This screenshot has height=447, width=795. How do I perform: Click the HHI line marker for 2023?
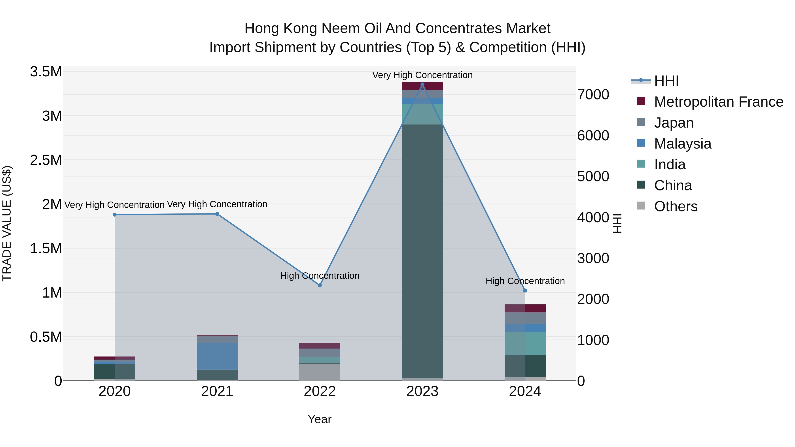[x=422, y=85]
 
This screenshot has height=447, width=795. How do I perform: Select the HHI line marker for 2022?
[x=320, y=285]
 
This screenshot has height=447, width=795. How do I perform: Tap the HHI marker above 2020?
[x=114, y=215]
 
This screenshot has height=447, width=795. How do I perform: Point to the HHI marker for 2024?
[x=525, y=290]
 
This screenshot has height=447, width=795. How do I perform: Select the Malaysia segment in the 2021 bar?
[x=217, y=356]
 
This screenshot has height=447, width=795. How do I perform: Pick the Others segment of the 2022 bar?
[x=320, y=372]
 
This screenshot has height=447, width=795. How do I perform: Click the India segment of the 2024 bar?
[x=525, y=343]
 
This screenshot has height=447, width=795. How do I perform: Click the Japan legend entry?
[x=674, y=123]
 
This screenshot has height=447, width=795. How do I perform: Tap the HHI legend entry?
[x=666, y=81]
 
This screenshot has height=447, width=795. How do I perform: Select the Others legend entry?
[x=676, y=206]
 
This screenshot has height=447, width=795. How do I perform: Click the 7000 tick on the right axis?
[x=593, y=95]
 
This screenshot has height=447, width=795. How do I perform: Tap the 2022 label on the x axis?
[x=320, y=391]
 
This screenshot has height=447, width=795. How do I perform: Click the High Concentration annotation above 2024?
[x=525, y=281]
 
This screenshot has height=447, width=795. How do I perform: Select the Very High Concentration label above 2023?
[x=422, y=75]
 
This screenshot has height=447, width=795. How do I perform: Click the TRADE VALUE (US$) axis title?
[x=7, y=223]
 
